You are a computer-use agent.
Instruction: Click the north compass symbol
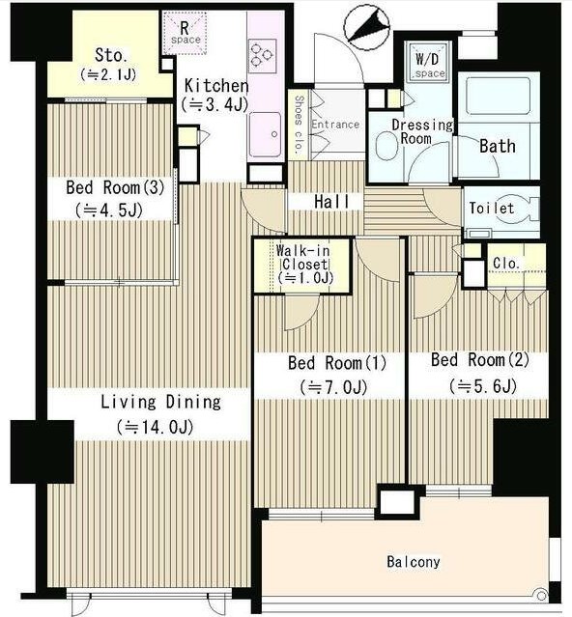(367, 27)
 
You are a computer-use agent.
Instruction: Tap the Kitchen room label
(216, 85)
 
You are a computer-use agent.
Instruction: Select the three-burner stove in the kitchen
(262, 55)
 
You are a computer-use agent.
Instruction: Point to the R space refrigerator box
(185, 33)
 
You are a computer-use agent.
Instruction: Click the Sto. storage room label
(111, 55)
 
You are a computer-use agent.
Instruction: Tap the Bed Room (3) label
(115, 187)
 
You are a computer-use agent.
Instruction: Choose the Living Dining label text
(161, 402)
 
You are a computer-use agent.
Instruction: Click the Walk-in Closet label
(303, 258)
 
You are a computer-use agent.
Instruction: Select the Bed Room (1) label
(337, 362)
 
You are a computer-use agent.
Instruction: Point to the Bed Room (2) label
(480, 359)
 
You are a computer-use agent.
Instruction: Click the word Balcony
(414, 562)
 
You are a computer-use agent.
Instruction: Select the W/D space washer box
(428, 62)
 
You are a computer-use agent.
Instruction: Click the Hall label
(331, 202)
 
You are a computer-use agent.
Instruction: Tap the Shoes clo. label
(300, 124)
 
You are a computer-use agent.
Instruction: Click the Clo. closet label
(506, 263)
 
